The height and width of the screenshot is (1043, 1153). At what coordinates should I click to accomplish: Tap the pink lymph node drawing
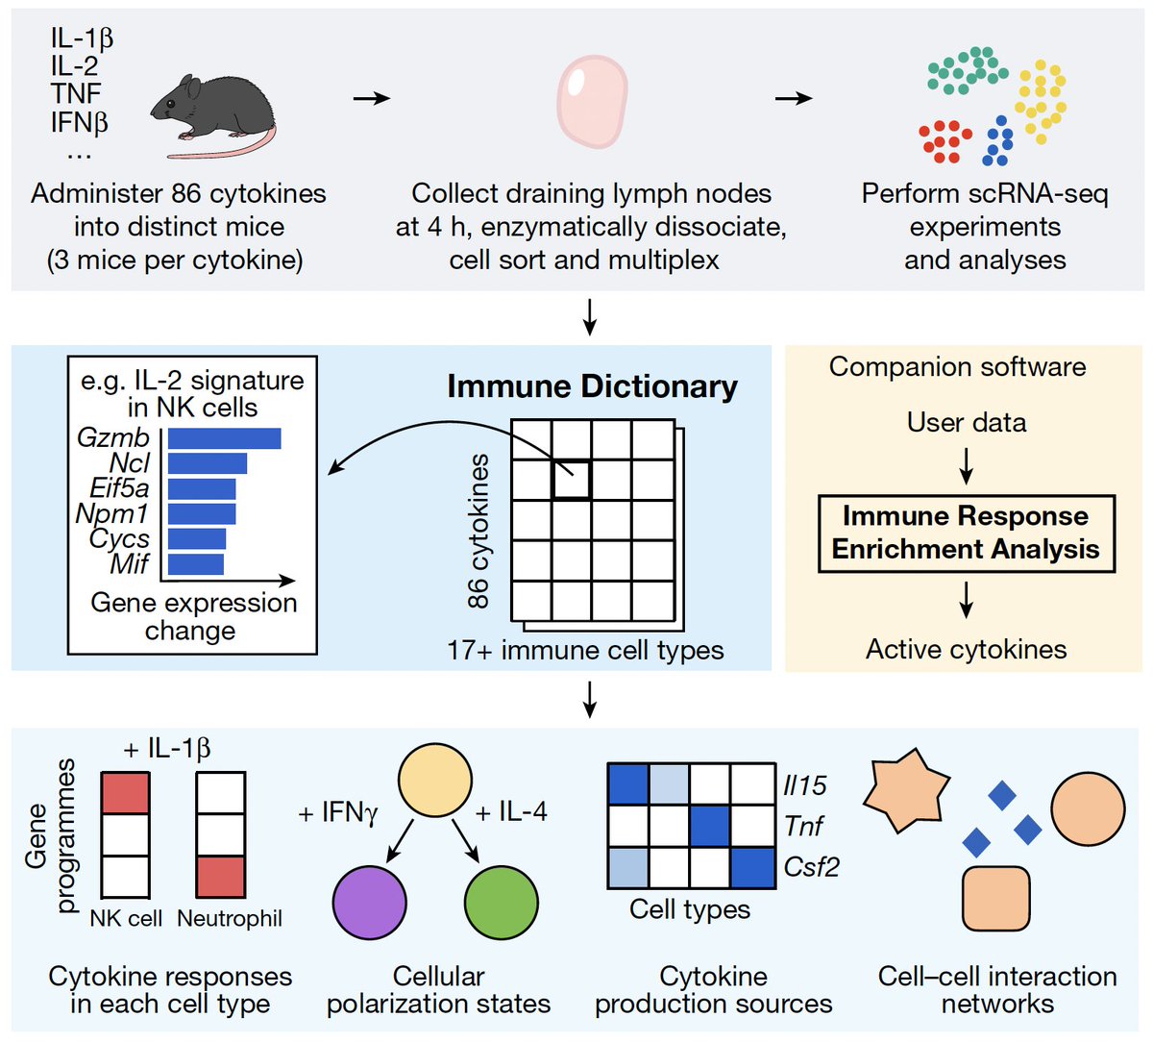pos(592,100)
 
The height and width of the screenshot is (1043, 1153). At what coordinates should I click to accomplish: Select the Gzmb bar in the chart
pos(224,438)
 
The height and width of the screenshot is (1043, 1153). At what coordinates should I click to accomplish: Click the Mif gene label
pos(129,563)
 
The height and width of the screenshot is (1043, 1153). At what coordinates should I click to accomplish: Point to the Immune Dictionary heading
pos(592,386)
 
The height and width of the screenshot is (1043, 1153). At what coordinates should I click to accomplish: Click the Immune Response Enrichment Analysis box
pos(966,534)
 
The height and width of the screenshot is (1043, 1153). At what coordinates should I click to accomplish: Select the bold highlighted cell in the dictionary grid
pos(571,479)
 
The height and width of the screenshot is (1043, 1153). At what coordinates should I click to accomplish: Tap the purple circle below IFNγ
pos(369,902)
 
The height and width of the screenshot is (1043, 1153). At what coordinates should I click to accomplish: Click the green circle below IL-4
pos(500,902)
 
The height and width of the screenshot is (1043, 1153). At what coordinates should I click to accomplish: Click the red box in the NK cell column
pos(125,793)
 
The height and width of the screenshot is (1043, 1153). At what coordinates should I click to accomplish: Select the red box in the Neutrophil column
pos(221,876)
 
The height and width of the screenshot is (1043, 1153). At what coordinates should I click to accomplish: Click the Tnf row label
pos(803,826)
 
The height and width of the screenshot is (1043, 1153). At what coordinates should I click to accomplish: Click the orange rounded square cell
pos(996,899)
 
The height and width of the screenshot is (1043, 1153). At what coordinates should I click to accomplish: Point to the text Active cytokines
pos(966,650)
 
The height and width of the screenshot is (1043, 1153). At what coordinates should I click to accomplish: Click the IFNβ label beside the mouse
pos(80,123)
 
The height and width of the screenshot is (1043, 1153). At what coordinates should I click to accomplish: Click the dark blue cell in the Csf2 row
pos(752,867)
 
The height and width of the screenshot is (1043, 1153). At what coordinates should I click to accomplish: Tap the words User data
pos(966,422)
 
